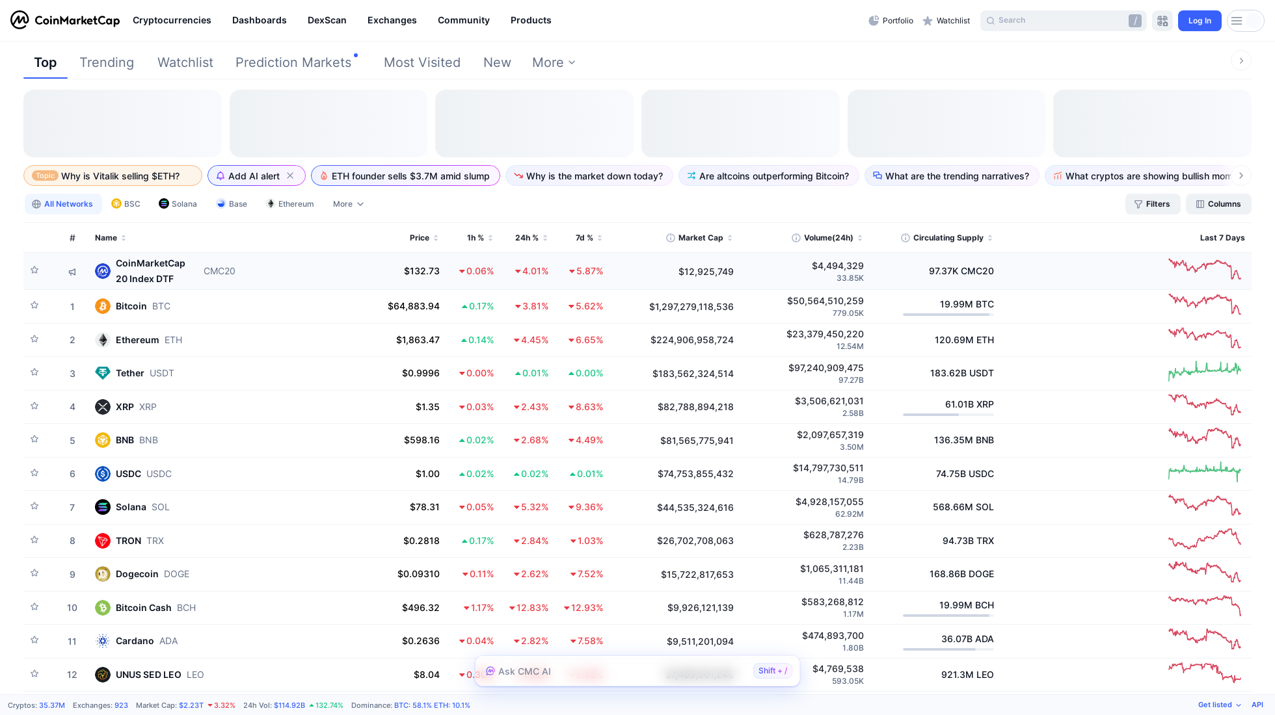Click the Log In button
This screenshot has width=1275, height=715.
(1199, 21)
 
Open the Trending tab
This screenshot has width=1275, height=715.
(107, 62)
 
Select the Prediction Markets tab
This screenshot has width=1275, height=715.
(293, 62)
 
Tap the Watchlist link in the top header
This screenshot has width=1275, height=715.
(946, 21)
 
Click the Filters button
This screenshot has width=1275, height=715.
(1152, 204)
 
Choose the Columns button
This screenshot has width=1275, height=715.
(1218, 204)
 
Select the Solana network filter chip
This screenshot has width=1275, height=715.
(178, 204)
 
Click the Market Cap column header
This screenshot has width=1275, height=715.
(700, 238)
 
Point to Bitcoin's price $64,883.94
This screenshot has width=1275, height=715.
(414, 306)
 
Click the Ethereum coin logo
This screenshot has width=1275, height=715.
(103, 340)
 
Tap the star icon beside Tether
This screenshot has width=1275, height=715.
(34, 372)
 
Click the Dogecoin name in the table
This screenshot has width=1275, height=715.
(137, 574)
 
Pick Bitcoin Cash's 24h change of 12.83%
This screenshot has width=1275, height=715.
(529, 608)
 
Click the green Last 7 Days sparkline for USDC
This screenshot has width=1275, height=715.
(1204, 472)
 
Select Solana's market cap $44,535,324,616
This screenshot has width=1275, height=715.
(695, 508)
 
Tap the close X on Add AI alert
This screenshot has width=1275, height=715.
(290, 176)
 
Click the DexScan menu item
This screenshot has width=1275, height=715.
(327, 20)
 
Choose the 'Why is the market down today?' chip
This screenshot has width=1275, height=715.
(589, 176)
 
